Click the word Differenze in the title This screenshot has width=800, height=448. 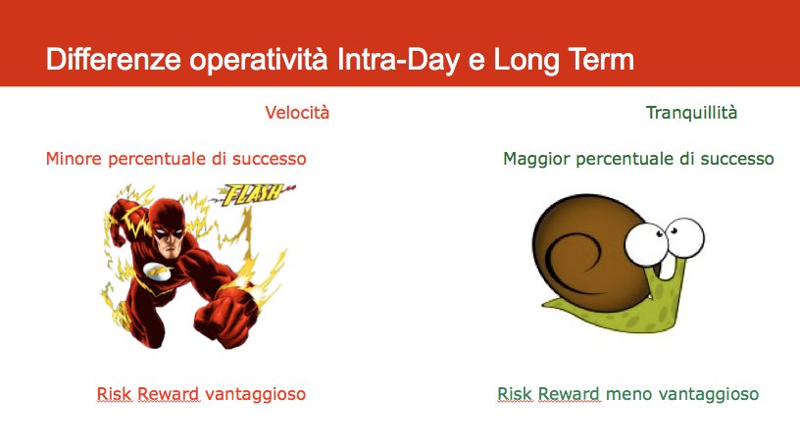pos(114,59)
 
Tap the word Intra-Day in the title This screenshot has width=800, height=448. pos(398,59)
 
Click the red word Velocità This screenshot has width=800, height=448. pos(297,113)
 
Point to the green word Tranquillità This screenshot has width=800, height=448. pos(691,113)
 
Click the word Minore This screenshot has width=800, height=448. pos(74,159)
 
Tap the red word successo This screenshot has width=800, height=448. pos(269,159)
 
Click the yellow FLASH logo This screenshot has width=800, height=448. pos(254,194)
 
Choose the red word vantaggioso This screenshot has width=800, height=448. pos(255,394)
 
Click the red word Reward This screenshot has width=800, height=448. pos(169,394)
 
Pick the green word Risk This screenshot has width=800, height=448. pos(515,394)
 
